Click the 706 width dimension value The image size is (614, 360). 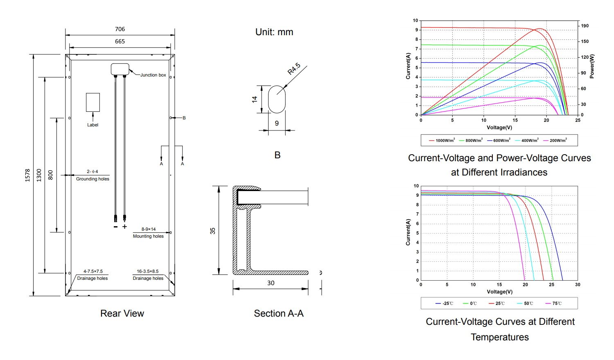pos(120,29)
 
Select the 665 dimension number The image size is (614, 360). pos(120,41)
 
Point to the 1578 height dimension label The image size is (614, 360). pos(27,175)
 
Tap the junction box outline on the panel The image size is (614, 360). pos(120,69)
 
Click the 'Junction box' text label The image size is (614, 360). pos(153,75)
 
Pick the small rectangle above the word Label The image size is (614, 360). pos(93,102)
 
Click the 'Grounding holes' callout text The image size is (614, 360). pos(93,179)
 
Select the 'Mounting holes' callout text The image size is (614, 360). pos(148,236)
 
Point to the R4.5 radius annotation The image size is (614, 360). pos(293,68)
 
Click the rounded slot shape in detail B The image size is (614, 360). pos(277,99)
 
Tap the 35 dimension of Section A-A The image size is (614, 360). pos(213,231)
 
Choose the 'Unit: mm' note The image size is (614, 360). pos(274,32)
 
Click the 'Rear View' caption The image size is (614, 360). pos(122,313)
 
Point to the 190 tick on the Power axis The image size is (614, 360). pos(585,26)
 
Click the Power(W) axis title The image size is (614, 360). pos(592,66)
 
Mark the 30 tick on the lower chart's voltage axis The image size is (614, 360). pos(577,284)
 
